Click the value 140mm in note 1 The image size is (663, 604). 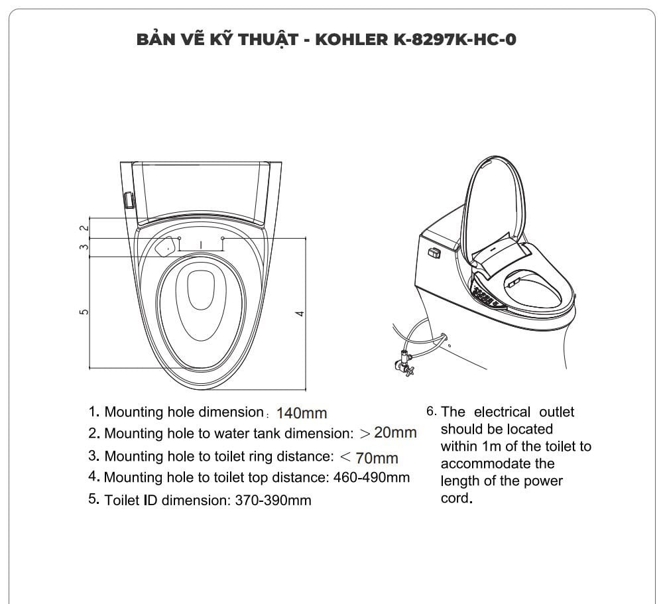302,413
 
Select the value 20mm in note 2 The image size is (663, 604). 395,433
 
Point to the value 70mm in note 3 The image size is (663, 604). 377,457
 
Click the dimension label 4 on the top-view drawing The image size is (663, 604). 300,313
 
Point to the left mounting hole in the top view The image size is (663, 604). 180,237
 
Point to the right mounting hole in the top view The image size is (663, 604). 223,237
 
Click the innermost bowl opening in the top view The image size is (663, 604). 200,292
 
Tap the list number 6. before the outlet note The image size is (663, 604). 431,412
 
